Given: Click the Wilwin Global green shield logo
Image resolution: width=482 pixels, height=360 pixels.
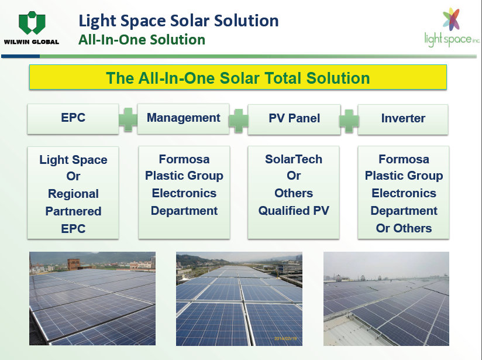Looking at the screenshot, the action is click(x=32, y=23).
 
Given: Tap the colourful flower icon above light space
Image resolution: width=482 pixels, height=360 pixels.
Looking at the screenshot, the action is click(x=451, y=19).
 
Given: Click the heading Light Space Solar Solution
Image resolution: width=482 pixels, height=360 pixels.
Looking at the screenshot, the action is click(x=178, y=21).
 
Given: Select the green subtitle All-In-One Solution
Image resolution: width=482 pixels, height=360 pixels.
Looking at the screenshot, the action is click(x=142, y=40).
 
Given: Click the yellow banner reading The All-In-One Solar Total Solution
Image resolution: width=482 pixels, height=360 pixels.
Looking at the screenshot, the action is click(x=238, y=77).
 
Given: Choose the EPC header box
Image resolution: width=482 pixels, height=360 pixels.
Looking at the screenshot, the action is click(x=73, y=119).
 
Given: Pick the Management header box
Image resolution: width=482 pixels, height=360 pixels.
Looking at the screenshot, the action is click(x=184, y=119).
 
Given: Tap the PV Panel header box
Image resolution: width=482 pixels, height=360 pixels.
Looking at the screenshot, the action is click(x=294, y=119).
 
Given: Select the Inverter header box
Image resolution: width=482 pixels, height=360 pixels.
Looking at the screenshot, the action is click(x=403, y=119).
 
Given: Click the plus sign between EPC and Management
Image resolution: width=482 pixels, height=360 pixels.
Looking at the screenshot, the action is click(x=128, y=119).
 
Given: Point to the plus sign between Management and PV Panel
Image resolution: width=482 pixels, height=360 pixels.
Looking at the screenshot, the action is click(x=239, y=121).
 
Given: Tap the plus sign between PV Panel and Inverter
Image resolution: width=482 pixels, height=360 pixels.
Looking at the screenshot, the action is click(x=349, y=121).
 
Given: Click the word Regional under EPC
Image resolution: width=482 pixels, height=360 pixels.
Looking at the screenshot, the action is click(x=73, y=194).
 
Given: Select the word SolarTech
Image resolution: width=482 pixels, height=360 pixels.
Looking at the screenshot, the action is click(x=294, y=159).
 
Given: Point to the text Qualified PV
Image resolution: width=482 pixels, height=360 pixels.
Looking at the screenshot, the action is click(x=294, y=211).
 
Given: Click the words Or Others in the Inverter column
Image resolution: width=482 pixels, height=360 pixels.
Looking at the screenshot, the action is click(x=404, y=228).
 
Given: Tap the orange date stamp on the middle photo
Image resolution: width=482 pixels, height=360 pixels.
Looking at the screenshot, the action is click(x=285, y=338).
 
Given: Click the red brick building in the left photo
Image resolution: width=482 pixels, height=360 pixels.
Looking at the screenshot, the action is click(x=74, y=265).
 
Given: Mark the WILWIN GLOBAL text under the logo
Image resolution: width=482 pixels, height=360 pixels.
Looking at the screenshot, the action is click(x=32, y=42).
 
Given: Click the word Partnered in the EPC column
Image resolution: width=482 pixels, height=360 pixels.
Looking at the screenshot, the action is click(x=73, y=211).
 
